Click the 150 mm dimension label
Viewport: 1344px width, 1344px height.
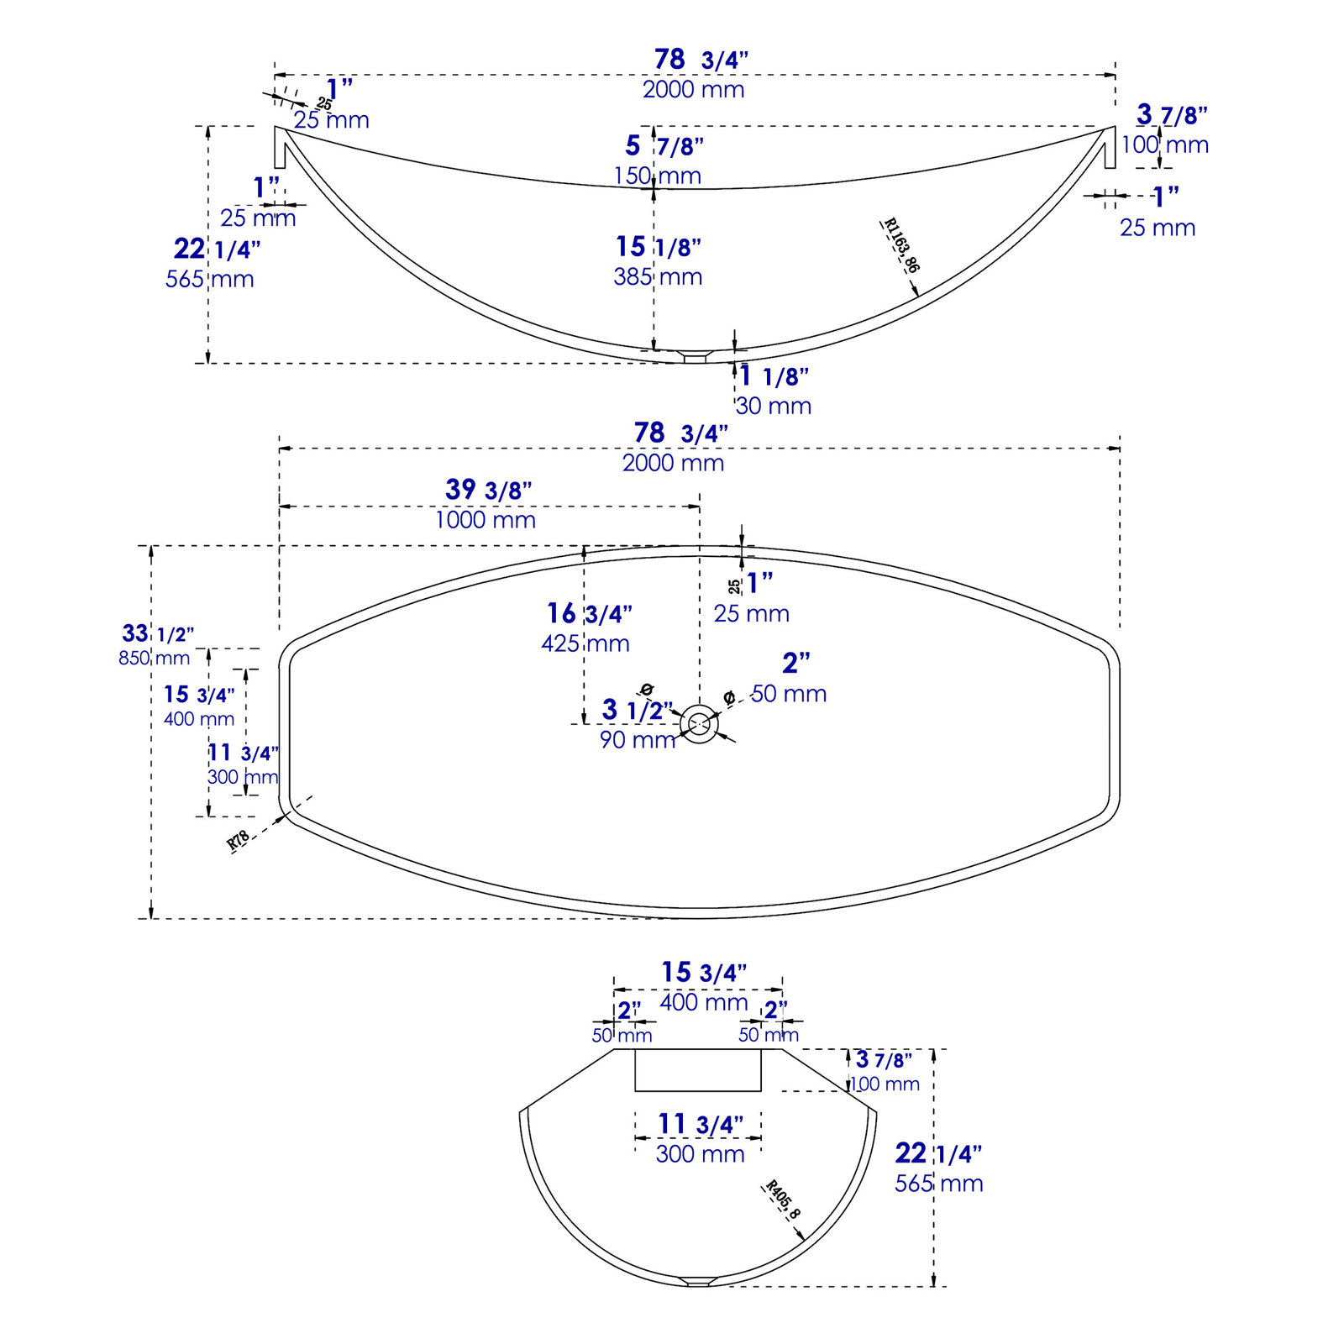[x=658, y=176]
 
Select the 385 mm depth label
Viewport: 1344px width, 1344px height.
[x=658, y=276]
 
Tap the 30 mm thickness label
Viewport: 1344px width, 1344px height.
[x=774, y=406]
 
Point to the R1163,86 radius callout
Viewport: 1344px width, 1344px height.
[x=901, y=245]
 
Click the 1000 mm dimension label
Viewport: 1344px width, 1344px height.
[x=486, y=520]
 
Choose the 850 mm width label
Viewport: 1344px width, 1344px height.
[x=155, y=658]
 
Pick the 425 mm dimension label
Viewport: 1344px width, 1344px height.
[x=585, y=643]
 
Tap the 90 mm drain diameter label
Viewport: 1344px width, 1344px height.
[x=638, y=740]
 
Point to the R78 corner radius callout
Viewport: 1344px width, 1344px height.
[x=239, y=840]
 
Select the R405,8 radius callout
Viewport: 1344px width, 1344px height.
[x=782, y=1200]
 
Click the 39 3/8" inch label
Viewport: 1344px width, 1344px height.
[x=488, y=490]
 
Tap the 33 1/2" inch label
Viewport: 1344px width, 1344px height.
[x=158, y=633]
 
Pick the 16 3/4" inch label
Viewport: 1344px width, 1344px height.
[x=590, y=614]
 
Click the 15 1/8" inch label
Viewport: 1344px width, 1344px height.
[x=659, y=247]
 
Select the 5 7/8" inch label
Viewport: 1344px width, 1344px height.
[x=664, y=146]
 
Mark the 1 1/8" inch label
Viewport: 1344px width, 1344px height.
[x=774, y=376]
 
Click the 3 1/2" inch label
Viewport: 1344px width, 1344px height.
[x=638, y=711]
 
